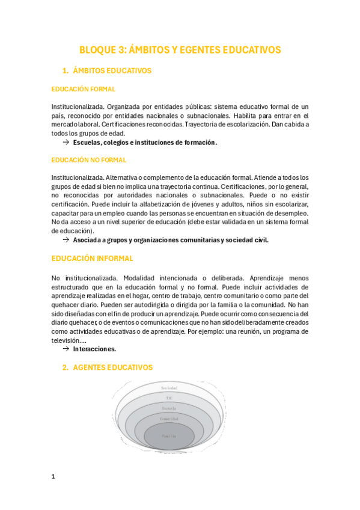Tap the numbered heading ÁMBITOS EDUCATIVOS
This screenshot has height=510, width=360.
[x=111, y=71]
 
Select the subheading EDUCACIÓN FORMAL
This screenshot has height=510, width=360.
[x=84, y=89]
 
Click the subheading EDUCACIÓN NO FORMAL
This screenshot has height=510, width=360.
[x=89, y=160]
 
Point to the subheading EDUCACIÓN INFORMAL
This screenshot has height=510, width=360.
[x=93, y=259]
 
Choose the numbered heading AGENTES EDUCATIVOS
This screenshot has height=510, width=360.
[x=112, y=367]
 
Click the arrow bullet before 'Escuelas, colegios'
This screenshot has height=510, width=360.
[x=66, y=143]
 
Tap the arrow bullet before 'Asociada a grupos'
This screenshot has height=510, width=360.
[x=66, y=240]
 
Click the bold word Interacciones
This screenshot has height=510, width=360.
[x=95, y=349]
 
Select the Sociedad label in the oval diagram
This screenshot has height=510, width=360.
[x=169, y=389]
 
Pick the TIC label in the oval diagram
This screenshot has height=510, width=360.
[x=169, y=398]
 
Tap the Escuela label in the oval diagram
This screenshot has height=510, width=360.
[x=169, y=408]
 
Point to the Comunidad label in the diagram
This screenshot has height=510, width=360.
[x=169, y=418]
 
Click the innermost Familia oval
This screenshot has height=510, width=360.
[x=169, y=435]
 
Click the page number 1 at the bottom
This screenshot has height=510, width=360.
[x=53, y=477]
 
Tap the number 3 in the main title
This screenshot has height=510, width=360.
[x=124, y=50]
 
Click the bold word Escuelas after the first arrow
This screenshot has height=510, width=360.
[x=87, y=143]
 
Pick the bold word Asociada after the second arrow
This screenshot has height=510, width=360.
[x=88, y=240]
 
